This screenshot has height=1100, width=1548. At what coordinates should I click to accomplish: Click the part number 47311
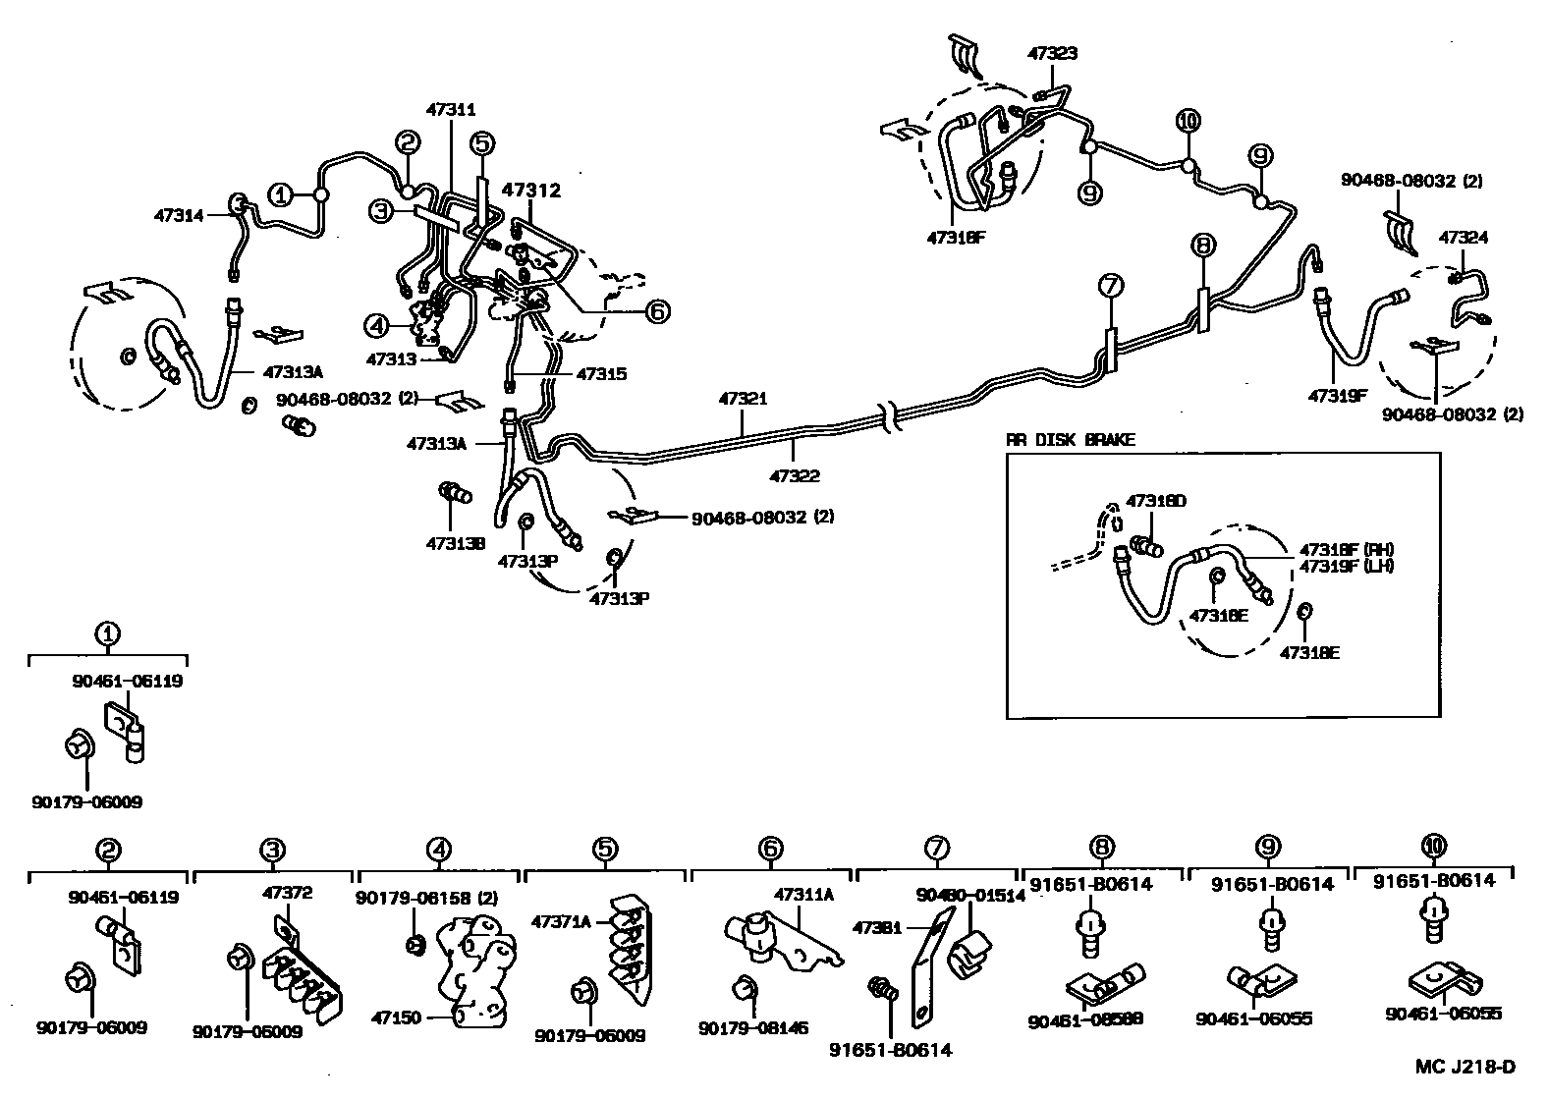pyautogui.click(x=451, y=111)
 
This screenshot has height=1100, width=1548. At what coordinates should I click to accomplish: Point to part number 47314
pyautogui.click(x=179, y=214)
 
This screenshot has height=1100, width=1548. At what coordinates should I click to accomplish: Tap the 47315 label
pyautogui.click(x=601, y=374)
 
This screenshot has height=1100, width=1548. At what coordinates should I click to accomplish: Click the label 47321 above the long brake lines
pyautogui.click(x=743, y=400)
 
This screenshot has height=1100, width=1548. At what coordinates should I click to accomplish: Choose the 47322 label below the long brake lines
pyautogui.click(x=795, y=476)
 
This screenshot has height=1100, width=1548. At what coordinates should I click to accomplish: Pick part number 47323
pyautogui.click(x=1052, y=54)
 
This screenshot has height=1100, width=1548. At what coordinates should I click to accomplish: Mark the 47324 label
pyautogui.click(x=1464, y=238)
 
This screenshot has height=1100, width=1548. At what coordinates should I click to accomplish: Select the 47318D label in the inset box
pyautogui.click(x=1156, y=501)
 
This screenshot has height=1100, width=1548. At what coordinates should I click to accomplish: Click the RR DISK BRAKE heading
pyautogui.click(x=1070, y=440)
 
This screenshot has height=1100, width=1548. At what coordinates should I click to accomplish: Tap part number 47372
pyautogui.click(x=287, y=893)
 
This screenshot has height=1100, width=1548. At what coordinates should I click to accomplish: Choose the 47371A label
pyautogui.click(x=562, y=922)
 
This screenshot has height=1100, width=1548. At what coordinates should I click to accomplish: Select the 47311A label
pyautogui.click(x=803, y=895)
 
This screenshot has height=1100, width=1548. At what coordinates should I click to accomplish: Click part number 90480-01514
pyautogui.click(x=970, y=895)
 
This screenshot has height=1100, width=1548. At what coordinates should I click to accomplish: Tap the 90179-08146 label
pyautogui.click(x=754, y=1028)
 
